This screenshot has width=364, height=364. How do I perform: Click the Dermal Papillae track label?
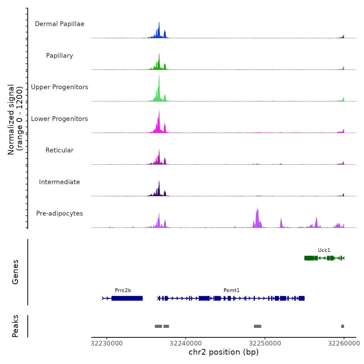pos(60,24)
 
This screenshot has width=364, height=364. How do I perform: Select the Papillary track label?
pos(60,56)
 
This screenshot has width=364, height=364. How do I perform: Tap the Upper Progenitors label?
pos(60,87)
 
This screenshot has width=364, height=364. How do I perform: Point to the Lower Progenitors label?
pos(60,119)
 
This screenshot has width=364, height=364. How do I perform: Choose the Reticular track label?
pos(60,150)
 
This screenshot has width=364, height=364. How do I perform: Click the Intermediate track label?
pos(60,182)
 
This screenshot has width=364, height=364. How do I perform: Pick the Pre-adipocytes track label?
pos(60,213)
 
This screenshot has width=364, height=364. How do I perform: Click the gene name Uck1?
pos(324,250)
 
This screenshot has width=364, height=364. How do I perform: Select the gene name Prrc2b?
pos(123,290)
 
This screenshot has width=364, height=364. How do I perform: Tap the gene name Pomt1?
pos(231,290)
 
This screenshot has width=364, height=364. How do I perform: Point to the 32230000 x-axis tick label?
pos(107,343)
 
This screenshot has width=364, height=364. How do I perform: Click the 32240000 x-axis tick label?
pos(186,343)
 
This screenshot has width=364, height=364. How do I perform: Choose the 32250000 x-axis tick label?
pos(265,343)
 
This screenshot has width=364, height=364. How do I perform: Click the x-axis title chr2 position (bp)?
pos(224,352)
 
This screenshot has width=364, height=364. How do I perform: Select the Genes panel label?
pos(15,272)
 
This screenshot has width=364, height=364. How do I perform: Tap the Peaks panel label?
pos(15,326)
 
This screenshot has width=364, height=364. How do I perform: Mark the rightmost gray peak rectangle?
pos(342,326)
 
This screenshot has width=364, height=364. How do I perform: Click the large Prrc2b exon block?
pos(127,298)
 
